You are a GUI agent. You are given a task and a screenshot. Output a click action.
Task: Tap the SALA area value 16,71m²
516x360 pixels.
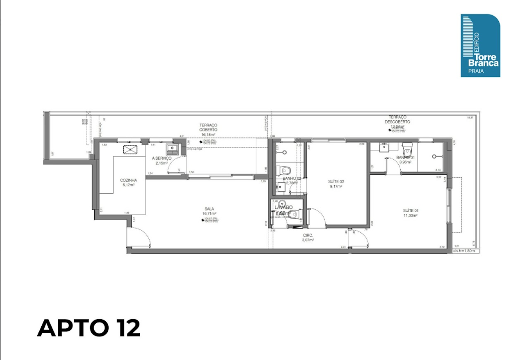210,213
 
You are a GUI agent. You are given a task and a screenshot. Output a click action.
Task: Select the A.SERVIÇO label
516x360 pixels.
162,158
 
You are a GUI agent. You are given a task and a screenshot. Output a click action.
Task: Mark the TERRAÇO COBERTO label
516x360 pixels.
208,127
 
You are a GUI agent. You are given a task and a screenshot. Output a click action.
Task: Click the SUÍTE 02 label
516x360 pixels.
336,181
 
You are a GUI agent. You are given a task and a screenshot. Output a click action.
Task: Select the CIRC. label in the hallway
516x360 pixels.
308,235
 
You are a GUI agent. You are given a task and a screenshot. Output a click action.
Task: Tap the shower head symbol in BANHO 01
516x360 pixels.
434,156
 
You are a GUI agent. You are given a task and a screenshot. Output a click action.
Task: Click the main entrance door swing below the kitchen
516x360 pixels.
138,237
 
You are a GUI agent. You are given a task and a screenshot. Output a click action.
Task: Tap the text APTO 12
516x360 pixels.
89,328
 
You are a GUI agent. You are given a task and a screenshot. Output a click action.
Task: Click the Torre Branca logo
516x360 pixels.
480,46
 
